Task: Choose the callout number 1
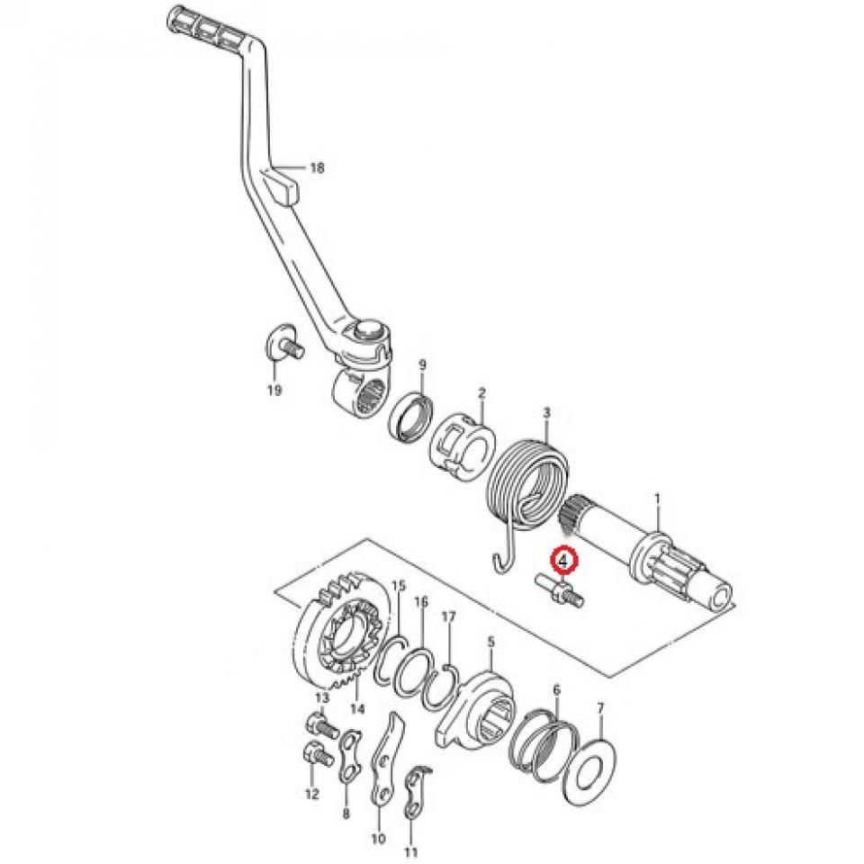(657, 498)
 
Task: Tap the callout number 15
(399, 585)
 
